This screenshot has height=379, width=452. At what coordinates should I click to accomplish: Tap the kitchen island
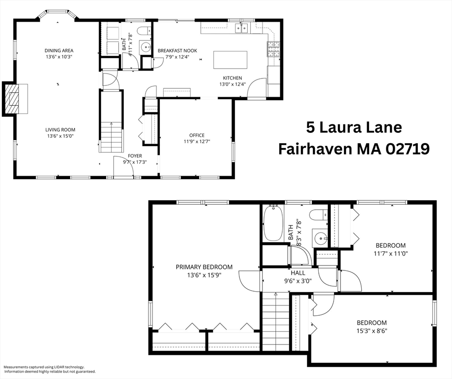230,60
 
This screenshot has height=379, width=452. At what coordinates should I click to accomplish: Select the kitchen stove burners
273,49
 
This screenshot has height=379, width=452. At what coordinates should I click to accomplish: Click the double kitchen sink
242,28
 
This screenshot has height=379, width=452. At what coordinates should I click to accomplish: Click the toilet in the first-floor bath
144,31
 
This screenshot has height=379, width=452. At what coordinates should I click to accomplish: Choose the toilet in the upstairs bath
319,215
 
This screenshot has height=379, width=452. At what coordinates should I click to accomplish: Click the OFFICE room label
197,135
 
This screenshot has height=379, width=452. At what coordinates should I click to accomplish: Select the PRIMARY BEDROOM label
204,267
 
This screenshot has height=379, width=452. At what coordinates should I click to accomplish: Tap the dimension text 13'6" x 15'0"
61,136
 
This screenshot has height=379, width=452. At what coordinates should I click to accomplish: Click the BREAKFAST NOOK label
177,51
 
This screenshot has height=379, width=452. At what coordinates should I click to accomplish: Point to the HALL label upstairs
298,273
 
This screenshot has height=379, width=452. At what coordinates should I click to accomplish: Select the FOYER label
135,156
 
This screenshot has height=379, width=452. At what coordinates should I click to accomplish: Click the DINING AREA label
59,51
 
